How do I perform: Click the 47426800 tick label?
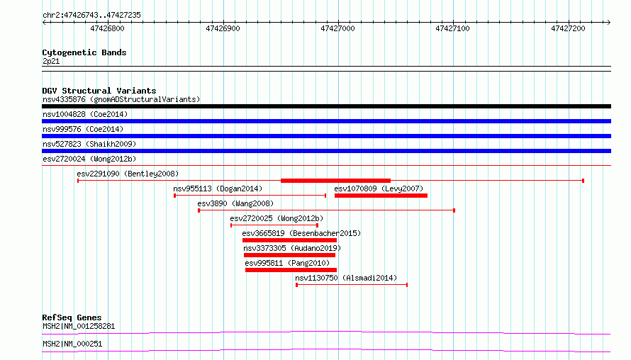pyautogui.click(x=108, y=28)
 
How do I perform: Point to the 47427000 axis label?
pyautogui.click(x=337, y=28)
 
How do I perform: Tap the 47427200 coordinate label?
pyautogui.click(x=568, y=28)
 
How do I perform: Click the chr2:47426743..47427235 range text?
pyautogui.click(x=91, y=16)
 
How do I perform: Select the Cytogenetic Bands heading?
pyautogui.click(x=84, y=52)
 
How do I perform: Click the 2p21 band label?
pyautogui.click(x=51, y=61)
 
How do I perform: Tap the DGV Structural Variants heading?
pyautogui.click(x=99, y=91)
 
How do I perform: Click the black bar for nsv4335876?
pyautogui.click(x=326, y=106)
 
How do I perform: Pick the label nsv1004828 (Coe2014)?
pyautogui.click(x=85, y=114)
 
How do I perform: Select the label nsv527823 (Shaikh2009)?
pyautogui.click(x=89, y=144)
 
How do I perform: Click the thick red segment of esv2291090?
pyautogui.click(x=335, y=181)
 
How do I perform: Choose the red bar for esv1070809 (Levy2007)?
pyautogui.click(x=381, y=196)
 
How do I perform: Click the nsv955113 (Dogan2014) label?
pyautogui.click(x=218, y=189)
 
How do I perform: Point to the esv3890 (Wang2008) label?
pyautogui.click(x=235, y=203)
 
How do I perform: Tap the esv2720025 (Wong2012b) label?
pyautogui.click(x=277, y=218)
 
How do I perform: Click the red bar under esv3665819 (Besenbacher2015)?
pyautogui.click(x=289, y=240)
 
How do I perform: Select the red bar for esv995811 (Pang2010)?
pyautogui.click(x=291, y=270)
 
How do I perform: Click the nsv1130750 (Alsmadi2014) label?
pyautogui.click(x=346, y=278)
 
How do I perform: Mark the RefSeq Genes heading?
pyautogui.click(x=72, y=317)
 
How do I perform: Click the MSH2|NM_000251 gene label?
pyautogui.click(x=72, y=344)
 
